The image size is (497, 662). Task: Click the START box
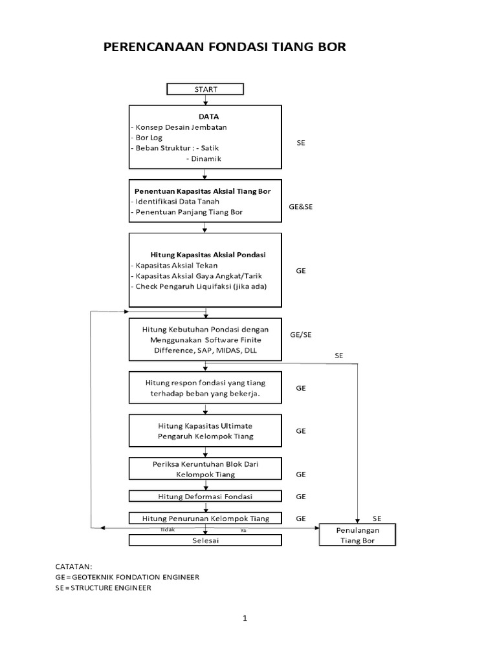(x=205, y=89)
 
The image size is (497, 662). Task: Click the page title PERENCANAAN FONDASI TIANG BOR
(x=225, y=47)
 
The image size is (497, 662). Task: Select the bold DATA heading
(x=205, y=116)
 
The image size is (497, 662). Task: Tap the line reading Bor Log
(x=148, y=137)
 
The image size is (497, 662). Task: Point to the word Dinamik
(x=204, y=158)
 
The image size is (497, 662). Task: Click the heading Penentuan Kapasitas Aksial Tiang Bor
(x=202, y=191)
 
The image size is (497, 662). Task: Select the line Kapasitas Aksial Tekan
(x=173, y=265)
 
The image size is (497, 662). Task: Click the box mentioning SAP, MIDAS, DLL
(x=205, y=339)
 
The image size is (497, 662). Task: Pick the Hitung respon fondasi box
(x=205, y=388)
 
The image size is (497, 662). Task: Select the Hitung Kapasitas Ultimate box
(x=205, y=431)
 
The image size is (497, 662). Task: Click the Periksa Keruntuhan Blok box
(x=205, y=468)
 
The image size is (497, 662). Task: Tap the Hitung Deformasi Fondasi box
(x=205, y=496)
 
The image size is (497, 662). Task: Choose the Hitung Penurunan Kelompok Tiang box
(x=205, y=518)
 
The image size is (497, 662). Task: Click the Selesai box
(x=205, y=540)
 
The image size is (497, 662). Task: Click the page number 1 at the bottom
(x=245, y=618)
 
